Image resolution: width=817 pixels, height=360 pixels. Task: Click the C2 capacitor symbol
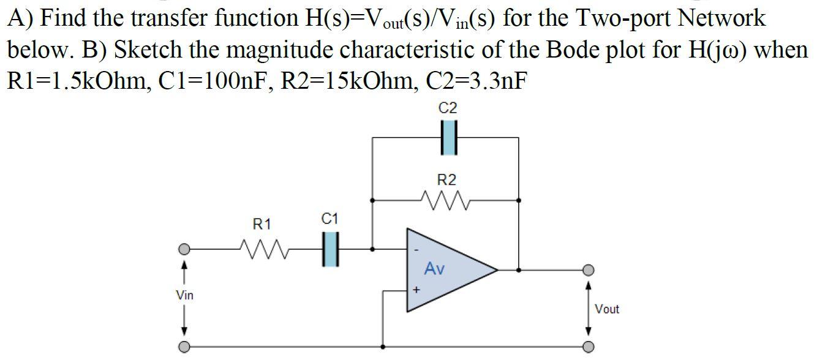(449, 138)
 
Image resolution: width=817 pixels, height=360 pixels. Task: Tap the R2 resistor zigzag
(445, 200)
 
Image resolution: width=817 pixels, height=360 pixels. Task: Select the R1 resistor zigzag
(262, 249)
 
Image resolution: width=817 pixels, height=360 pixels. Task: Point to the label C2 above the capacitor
(448, 109)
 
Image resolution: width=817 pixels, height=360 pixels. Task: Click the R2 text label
(447, 180)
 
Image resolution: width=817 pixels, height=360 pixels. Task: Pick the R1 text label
(262, 225)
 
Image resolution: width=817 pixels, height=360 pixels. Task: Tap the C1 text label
(329, 219)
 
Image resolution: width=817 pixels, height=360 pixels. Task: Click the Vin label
(184, 296)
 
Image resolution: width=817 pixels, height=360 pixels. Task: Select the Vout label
(607, 309)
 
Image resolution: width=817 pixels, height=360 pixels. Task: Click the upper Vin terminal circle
(184, 250)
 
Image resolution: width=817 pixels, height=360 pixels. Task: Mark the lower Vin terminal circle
(184, 347)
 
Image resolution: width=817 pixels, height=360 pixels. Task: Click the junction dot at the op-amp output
(519, 269)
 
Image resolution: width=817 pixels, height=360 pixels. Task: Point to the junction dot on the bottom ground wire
(383, 347)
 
